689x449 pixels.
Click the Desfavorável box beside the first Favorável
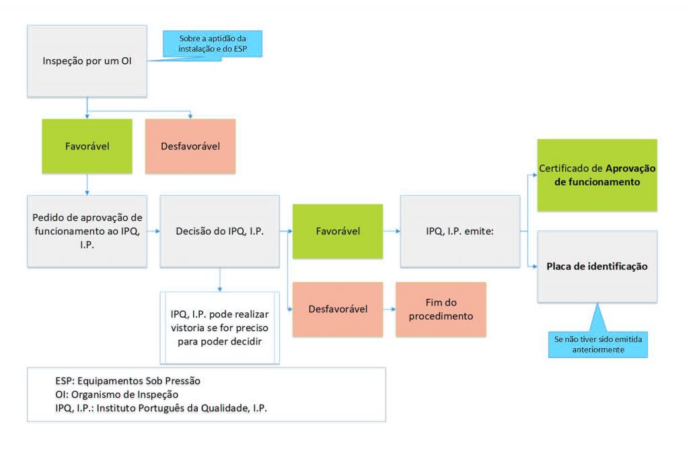point(190,145)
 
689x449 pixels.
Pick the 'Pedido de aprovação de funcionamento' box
point(87,231)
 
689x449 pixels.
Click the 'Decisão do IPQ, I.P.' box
point(219,232)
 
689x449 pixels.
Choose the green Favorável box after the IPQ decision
point(338,231)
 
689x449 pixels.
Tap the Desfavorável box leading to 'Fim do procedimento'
point(338,309)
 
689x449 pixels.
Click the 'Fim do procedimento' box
point(440,309)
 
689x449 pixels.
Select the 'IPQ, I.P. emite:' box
point(460,231)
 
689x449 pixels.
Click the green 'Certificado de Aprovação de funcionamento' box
point(596,174)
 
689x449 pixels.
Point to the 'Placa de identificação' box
point(596,266)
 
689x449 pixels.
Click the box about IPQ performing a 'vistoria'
point(219,328)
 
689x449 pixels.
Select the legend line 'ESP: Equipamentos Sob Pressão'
point(129,381)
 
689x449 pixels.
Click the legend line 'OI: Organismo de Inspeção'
point(117,394)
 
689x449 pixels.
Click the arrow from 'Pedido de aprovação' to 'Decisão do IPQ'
point(153,231)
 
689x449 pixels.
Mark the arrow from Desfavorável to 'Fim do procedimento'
point(389,309)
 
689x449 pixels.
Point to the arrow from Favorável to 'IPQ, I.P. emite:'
point(391,231)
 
